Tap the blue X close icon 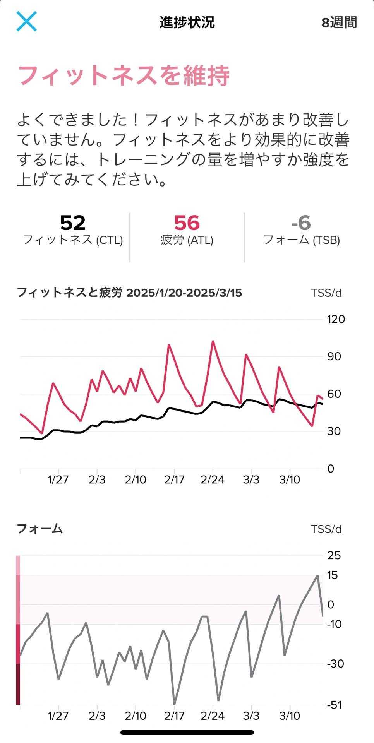click(x=26, y=21)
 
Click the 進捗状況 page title click(x=187, y=22)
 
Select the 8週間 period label click(x=339, y=22)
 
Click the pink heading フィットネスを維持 click(x=124, y=75)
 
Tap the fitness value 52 click(x=73, y=223)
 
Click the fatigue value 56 click(x=187, y=223)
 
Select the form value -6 click(x=301, y=223)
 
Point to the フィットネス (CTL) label click(x=73, y=240)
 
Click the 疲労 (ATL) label click(x=187, y=240)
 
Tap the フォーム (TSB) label click(x=302, y=240)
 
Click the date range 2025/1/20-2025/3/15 click(x=184, y=293)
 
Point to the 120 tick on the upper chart click(x=336, y=319)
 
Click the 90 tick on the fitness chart click(x=334, y=356)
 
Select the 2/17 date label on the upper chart click(x=174, y=480)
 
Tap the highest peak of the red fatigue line click(x=213, y=341)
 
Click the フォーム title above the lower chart click(x=39, y=529)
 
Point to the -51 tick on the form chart click(x=335, y=705)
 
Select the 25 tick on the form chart click(x=334, y=556)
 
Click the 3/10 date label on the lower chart click(x=290, y=716)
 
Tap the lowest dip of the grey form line click(x=174, y=704)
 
